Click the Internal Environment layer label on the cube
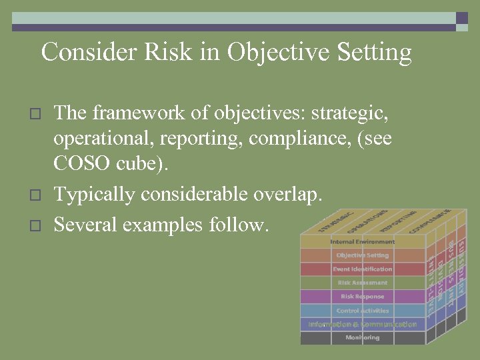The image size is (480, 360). click(363, 241)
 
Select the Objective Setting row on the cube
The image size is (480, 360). click(363, 255)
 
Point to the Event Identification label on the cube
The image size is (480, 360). click(363, 269)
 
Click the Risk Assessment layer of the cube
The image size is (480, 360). click(363, 283)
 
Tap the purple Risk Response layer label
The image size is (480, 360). click(363, 297)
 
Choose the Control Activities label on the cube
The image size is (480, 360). click(363, 311)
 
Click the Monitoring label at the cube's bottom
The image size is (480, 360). click(363, 338)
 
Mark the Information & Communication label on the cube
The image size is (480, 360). click(363, 325)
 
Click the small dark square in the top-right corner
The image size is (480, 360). click(462, 19)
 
